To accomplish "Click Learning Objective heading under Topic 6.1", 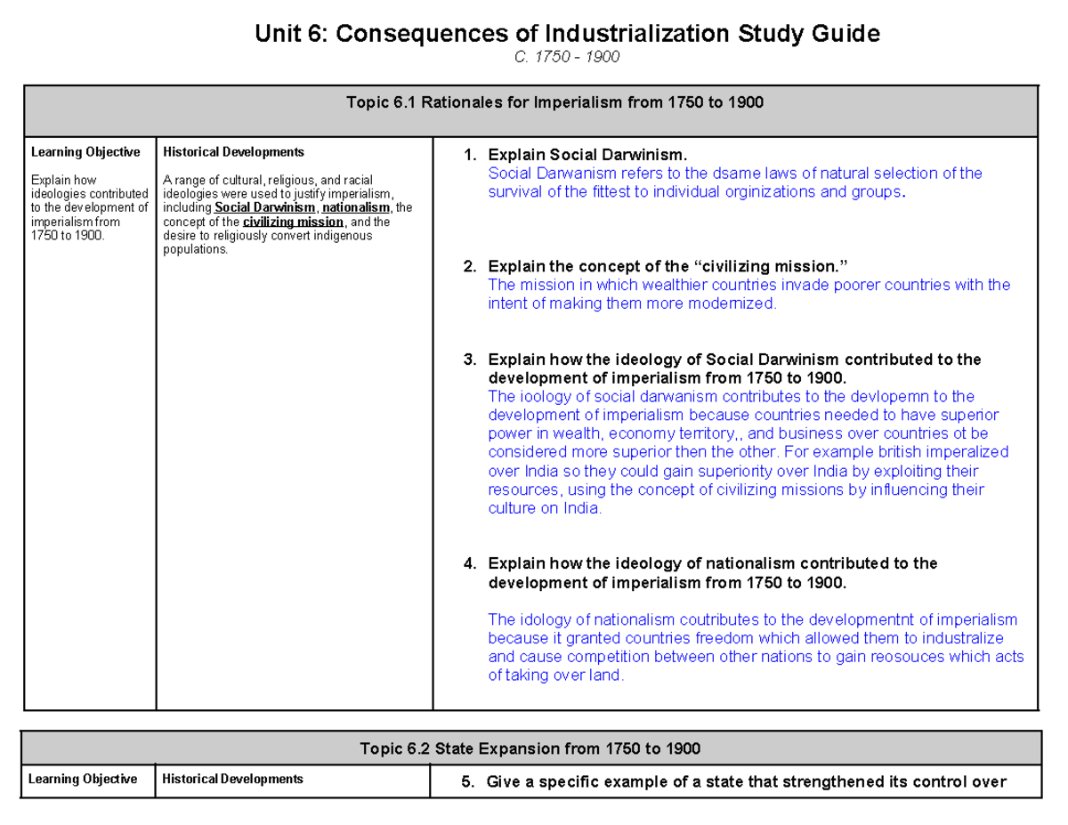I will click(x=85, y=152).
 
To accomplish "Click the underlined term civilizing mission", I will click(x=293, y=222).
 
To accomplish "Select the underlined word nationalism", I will click(x=356, y=208).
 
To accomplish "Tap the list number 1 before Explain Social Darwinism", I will click(x=469, y=157).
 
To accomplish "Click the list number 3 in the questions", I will click(x=469, y=360).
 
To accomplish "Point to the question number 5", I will click(x=465, y=782).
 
